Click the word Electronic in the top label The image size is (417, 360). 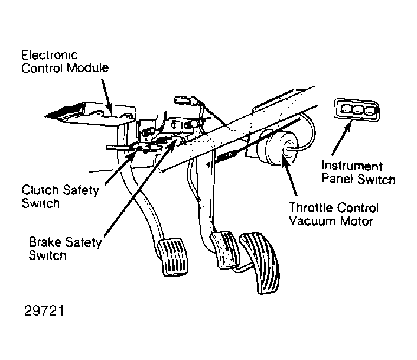point(50,55)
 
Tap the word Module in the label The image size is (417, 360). point(87,68)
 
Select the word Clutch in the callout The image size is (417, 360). point(40,190)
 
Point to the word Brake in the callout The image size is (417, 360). point(45,242)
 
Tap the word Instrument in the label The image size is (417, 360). point(352,166)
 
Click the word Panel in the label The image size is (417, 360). point(338,179)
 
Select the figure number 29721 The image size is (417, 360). point(44,310)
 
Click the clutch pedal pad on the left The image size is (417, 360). point(173,257)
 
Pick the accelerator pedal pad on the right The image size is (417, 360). point(260,262)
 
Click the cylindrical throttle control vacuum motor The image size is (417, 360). point(276,147)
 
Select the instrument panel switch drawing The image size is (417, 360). point(357,110)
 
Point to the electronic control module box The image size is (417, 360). point(90,113)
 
